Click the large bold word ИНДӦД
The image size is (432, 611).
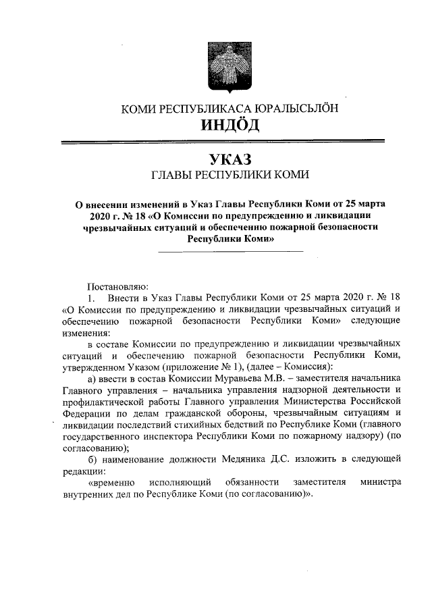[x=229, y=126]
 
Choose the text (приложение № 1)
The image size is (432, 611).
[x=218, y=366]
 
